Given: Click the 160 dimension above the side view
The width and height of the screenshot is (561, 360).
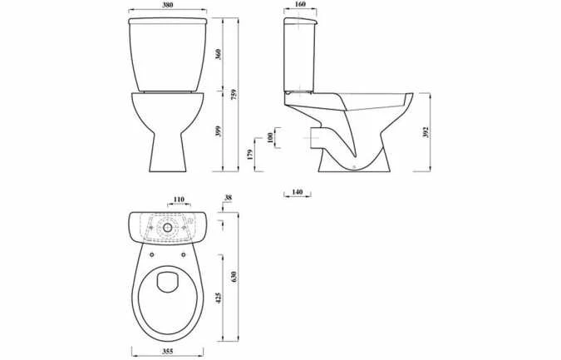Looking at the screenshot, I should [x=299, y=7].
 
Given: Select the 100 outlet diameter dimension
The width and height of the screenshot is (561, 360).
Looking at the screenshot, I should [x=269, y=136].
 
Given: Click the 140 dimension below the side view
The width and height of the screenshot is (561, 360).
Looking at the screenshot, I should [x=297, y=192].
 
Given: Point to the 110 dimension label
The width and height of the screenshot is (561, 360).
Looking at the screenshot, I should [x=178, y=200].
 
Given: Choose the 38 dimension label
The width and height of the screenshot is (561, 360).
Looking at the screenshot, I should [x=228, y=199].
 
